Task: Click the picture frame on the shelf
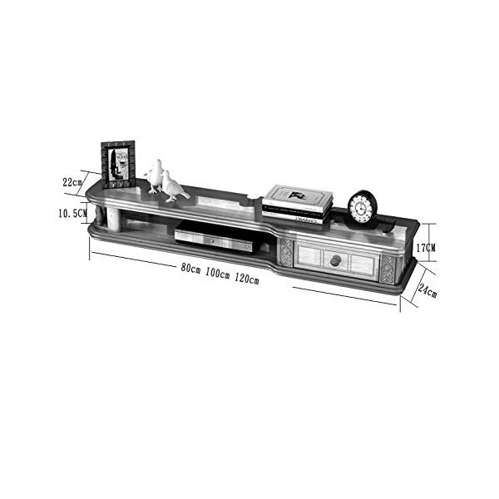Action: pos(118,163)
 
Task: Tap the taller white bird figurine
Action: pos(155,175)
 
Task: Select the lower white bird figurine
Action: pos(173,186)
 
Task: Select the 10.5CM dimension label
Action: pos(72,214)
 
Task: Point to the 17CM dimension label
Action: pos(427,247)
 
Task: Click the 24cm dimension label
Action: pos(427,290)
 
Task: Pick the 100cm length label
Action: pos(217,274)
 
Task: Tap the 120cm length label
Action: pos(246,277)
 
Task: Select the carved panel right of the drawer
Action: pos(387,268)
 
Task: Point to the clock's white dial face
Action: pos(361,208)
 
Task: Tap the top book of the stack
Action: pos(298,196)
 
